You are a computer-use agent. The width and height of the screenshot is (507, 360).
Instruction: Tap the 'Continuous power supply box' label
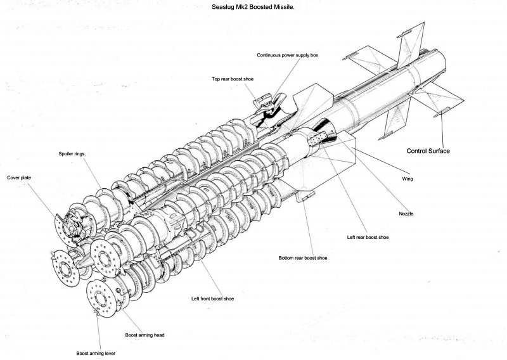click(x=287, y=55)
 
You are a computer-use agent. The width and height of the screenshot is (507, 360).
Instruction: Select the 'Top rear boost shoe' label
click(x=233, y=79)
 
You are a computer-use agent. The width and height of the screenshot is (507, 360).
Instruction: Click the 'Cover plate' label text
click(x=19, y=178)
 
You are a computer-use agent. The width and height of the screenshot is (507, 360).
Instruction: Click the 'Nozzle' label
click(x=406, y=214)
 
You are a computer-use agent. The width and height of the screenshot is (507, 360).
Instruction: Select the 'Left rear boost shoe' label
click(x=368, y=237)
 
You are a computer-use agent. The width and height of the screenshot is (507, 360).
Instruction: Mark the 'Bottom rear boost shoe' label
click(x=304, y=259)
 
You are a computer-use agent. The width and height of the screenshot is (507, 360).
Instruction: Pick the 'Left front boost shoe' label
click(x=212, y=298)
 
